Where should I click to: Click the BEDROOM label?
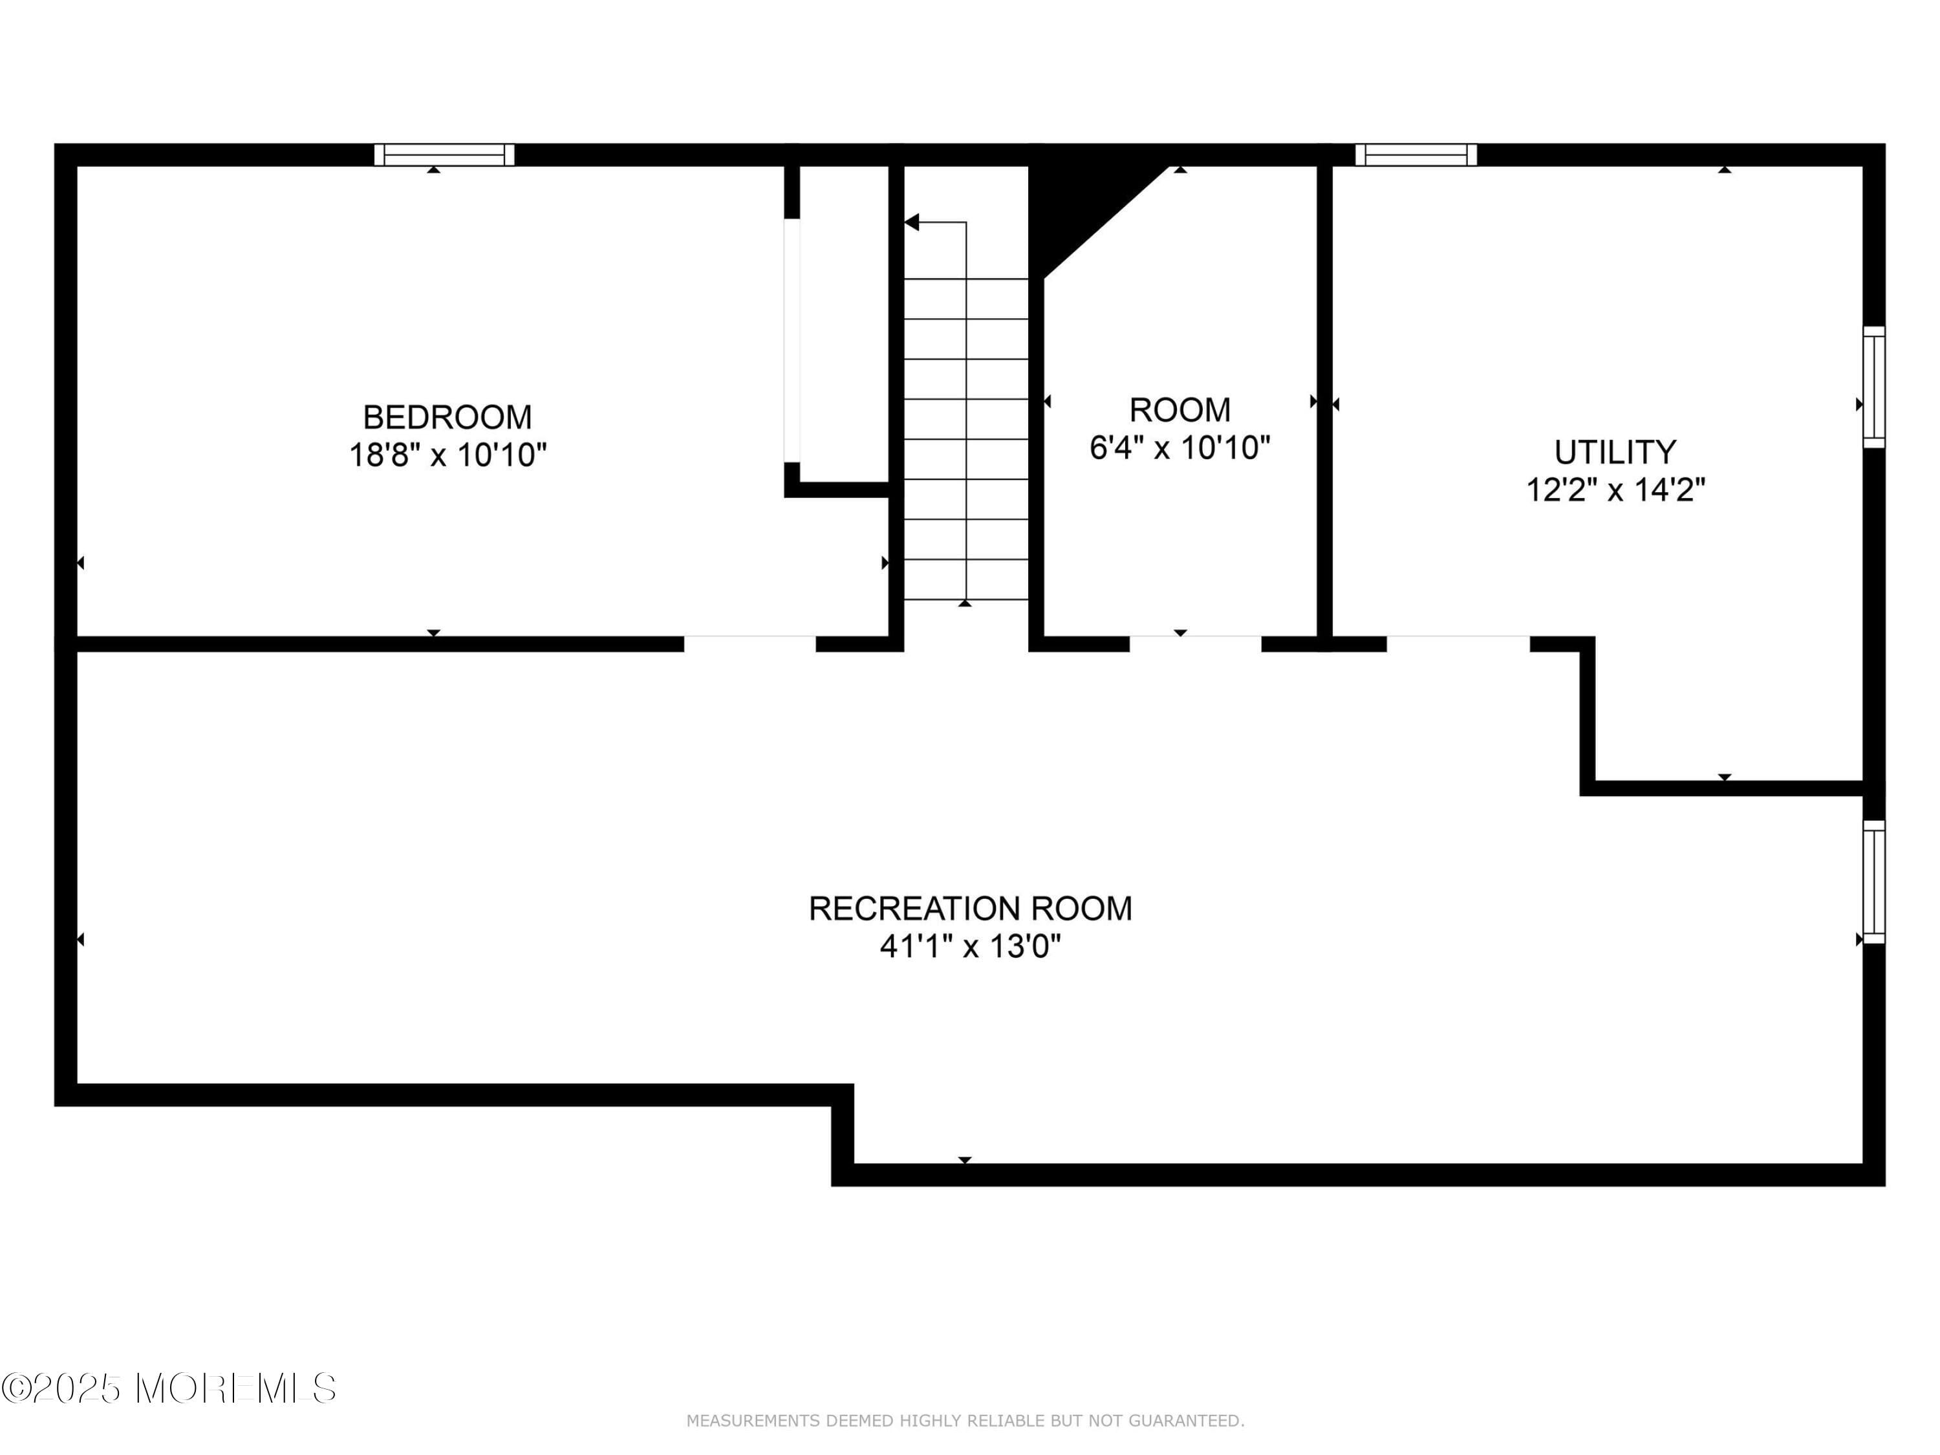click(x=447, y=416)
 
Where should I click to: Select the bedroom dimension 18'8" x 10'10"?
click(x=447, y=455)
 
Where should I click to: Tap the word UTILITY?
click(x=1615, y=453)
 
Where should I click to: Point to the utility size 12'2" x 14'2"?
click(x=1615, y=490)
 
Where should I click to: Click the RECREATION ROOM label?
click(x=970, y=909)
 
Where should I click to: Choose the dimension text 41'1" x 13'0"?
click(x=970, y=947)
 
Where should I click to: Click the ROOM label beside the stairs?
click(x=1180, y=409)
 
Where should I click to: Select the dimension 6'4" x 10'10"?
click(x=1180, y=448)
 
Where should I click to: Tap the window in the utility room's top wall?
click(x=1416, y=155)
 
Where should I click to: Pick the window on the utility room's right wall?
click(x=1873, y=387)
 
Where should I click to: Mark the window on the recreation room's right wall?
click(x=1873, y=881)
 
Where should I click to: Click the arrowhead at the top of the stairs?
click(x=912, y=222)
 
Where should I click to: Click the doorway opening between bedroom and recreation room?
click(x=750, y=643)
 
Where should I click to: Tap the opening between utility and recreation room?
click(x=1458, y=643)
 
